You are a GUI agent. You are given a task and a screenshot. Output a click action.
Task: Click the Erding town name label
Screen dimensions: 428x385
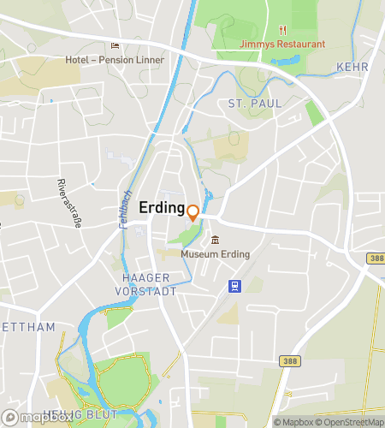(x=162, y=208)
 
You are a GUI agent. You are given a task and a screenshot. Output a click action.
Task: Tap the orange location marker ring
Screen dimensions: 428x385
(x=193, y=212)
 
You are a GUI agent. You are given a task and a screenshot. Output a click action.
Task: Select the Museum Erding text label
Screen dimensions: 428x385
(x=215, y=254)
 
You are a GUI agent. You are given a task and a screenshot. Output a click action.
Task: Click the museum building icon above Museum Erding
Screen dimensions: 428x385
(x=215, y=241)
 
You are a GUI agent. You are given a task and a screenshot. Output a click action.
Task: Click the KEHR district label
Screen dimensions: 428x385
(x=352, y=66)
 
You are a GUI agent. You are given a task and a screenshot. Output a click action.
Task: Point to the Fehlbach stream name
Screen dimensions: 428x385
(x=126, y=208)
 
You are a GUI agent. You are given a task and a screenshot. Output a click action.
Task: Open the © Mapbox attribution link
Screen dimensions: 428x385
(x=293, y=422)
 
